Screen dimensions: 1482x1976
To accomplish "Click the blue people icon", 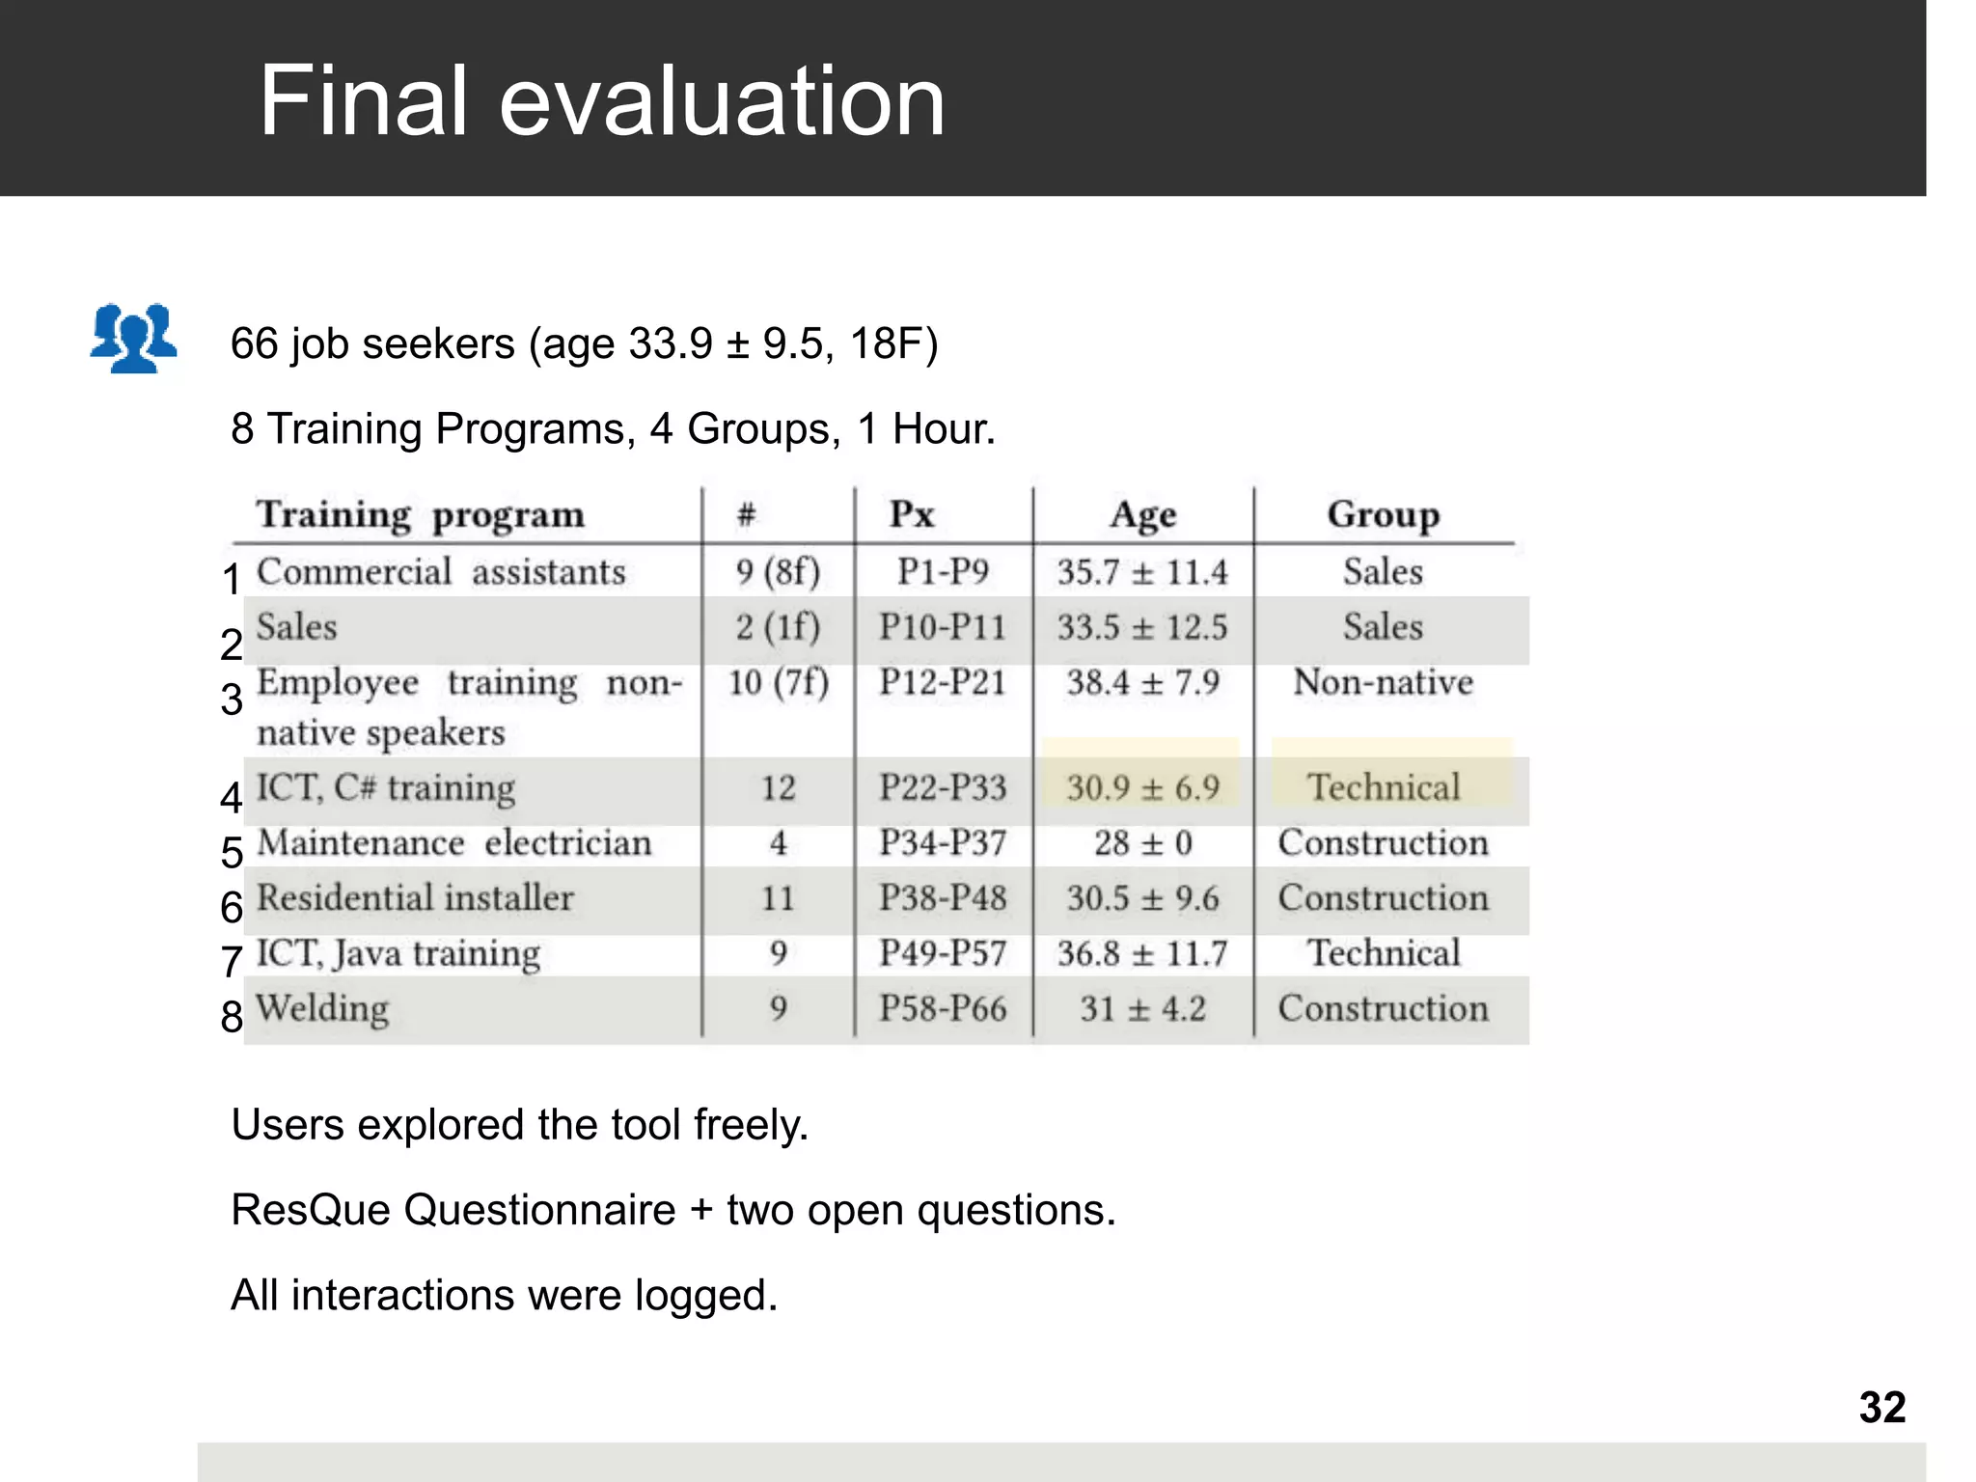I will pos(133,338).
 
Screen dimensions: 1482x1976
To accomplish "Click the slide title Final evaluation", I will pos(602,100).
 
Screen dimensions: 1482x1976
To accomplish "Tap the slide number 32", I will pos(1881,1408).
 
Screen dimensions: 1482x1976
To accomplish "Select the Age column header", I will pos(1142,515).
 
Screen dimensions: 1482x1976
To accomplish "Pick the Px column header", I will pos(912,515).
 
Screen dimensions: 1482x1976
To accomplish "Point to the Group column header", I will pos(1383,515).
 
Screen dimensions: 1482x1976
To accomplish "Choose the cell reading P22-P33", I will pos(942,788).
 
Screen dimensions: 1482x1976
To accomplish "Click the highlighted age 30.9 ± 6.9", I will pos(1142,788).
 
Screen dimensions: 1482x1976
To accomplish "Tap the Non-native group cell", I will pos(1383,683).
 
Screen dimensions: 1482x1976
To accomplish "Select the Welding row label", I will pos(322,1009).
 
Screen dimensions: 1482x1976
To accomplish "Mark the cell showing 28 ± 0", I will pos(1142,843).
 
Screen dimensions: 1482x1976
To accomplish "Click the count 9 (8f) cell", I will pos(778,572).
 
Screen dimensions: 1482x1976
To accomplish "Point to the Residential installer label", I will pos(415,898).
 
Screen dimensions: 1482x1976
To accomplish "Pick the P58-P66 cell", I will pos(942,1009).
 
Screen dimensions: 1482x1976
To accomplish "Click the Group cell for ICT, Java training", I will pos(1383,953).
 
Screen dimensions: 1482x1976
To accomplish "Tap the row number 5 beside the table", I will pos(232,853).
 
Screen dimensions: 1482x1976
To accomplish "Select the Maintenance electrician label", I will pos(454,843).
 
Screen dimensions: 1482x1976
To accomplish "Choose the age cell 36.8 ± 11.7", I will pos(1142,954).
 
